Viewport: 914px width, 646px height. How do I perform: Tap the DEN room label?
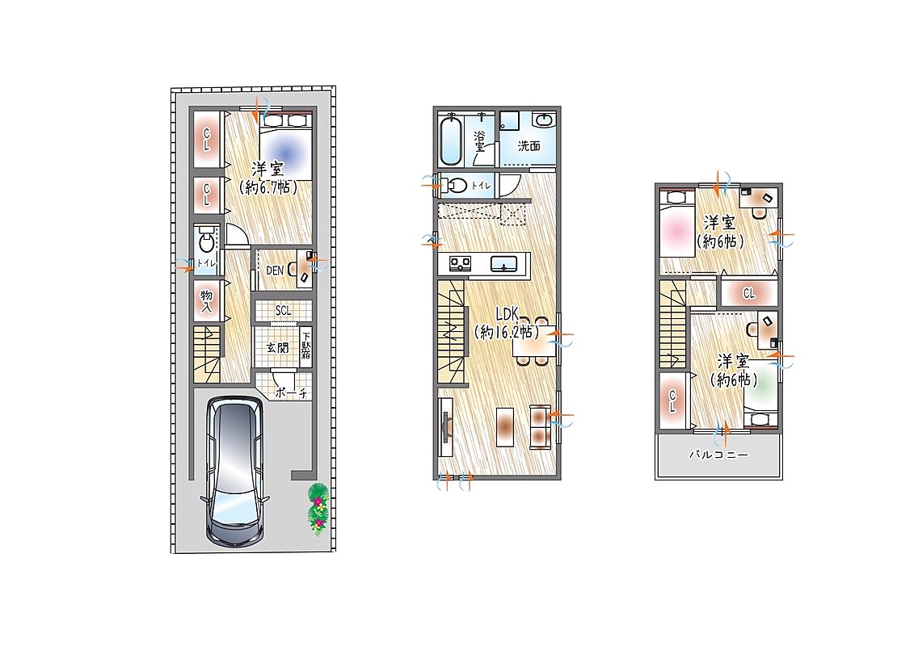(275, 271)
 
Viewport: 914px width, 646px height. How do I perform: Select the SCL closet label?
(284, 311)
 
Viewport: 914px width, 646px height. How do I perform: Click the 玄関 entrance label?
(277, 348)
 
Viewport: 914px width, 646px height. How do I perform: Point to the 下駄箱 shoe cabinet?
(306, 348)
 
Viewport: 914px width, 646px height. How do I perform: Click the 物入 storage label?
(206, 301)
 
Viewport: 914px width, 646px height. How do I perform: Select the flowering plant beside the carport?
(318, 509)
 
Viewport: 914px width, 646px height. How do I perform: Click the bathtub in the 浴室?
(451, 141)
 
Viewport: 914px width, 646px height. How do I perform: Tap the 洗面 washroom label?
(529, 146)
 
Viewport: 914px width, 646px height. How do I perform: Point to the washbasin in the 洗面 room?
(545, 120)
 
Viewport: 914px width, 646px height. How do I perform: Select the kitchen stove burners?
(460, 264)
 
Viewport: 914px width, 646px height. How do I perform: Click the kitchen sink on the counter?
(503, 265)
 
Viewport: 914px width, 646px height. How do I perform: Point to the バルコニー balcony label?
(718, 455)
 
